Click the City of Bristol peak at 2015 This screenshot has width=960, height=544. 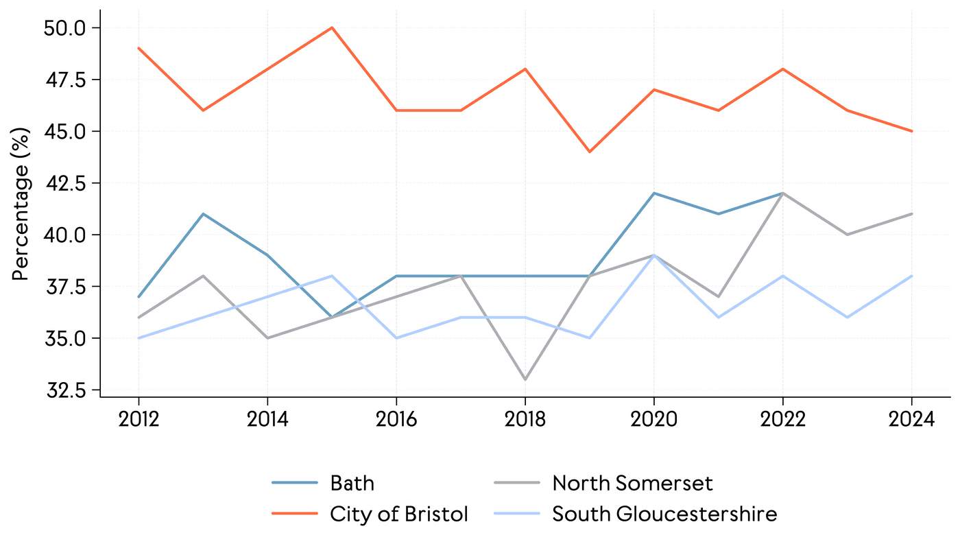(332, 27)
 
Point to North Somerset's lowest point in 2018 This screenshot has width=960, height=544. (525, 379)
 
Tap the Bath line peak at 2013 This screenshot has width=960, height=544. (203, 214)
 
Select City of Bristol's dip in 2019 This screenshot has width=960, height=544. (590, 152)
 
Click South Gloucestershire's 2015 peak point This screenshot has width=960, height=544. (332, 276)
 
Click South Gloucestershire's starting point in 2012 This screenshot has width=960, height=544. (139, 338)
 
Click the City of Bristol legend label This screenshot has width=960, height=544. (399, 514)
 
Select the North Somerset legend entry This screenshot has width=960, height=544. (632, 483)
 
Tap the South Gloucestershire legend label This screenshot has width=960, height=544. (664, 514)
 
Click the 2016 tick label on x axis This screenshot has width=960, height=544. (396, 419)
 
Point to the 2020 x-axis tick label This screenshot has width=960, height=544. (654, 419)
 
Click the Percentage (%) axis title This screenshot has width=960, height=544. (22, 203)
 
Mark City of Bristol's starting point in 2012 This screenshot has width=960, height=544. (139, 48)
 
